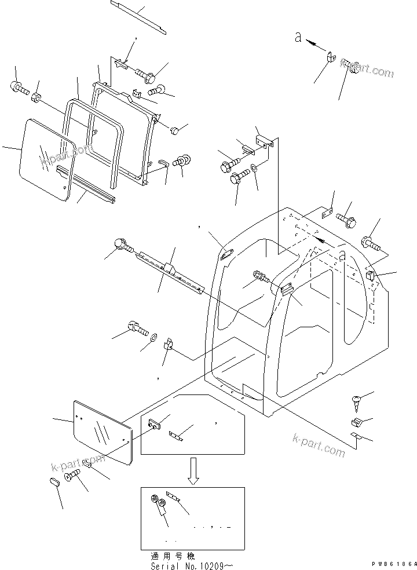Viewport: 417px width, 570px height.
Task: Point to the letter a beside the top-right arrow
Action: pyautogui.click(x=298, y=38)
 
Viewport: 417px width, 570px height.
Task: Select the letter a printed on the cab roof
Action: pyautogui.click(x=343, y=255)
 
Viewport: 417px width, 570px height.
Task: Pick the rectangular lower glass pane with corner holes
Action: pyautogui.click(x=103, y=431)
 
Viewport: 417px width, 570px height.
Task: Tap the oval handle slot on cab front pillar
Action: pyautogui.click(x=226, y=252)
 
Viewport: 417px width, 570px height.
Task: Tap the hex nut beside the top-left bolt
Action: pyautogui.click(x=36, y=97)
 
